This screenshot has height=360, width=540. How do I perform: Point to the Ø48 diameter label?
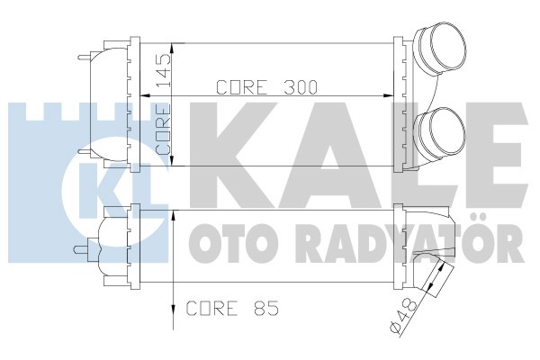[404, 315]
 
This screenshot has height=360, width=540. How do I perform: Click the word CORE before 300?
[242, 87]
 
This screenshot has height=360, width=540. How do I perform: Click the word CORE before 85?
[212, 308]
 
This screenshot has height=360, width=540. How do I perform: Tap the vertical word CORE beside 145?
[163, 130]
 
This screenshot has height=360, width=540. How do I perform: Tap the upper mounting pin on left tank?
[85, 58]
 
